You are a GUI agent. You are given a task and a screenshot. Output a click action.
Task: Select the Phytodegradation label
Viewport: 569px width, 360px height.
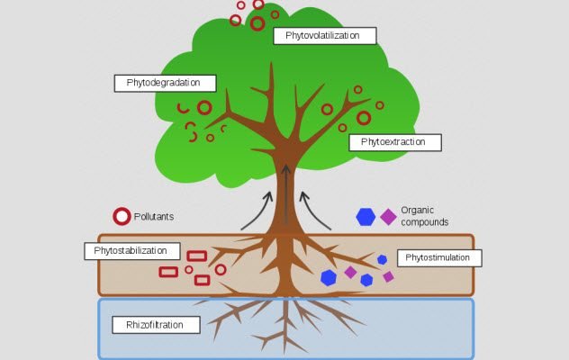click(167, 83)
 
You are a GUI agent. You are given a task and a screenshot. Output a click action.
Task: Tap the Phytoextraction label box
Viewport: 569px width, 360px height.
click(393, 142)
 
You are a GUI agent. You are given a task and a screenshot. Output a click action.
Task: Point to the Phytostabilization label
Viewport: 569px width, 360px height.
click(131, 250)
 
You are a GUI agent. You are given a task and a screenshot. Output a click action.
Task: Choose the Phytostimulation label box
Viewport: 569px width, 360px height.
click(438, 258)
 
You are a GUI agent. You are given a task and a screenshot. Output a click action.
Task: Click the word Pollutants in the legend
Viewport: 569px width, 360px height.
click(154, 216)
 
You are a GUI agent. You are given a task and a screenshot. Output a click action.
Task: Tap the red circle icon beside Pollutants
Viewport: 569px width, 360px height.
click(122, 216)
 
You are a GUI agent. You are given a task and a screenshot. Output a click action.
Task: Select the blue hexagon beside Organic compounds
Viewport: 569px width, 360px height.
click(366, 216)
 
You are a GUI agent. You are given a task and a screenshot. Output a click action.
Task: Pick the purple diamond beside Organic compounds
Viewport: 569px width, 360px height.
click(388, 216)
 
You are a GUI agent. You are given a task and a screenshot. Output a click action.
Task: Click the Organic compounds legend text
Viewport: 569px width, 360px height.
click(424, 215)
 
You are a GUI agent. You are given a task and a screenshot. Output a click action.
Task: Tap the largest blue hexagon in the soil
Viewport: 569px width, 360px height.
click(329, 278)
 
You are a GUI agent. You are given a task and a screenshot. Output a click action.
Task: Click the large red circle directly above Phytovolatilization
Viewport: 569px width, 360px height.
click(257, 22)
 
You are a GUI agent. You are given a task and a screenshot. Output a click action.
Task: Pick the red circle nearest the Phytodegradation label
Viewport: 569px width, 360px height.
click(204, 108)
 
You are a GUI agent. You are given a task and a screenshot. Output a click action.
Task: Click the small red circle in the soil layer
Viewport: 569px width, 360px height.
click(189, 269)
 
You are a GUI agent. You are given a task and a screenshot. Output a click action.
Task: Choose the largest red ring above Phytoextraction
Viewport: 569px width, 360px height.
click(364, 118)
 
